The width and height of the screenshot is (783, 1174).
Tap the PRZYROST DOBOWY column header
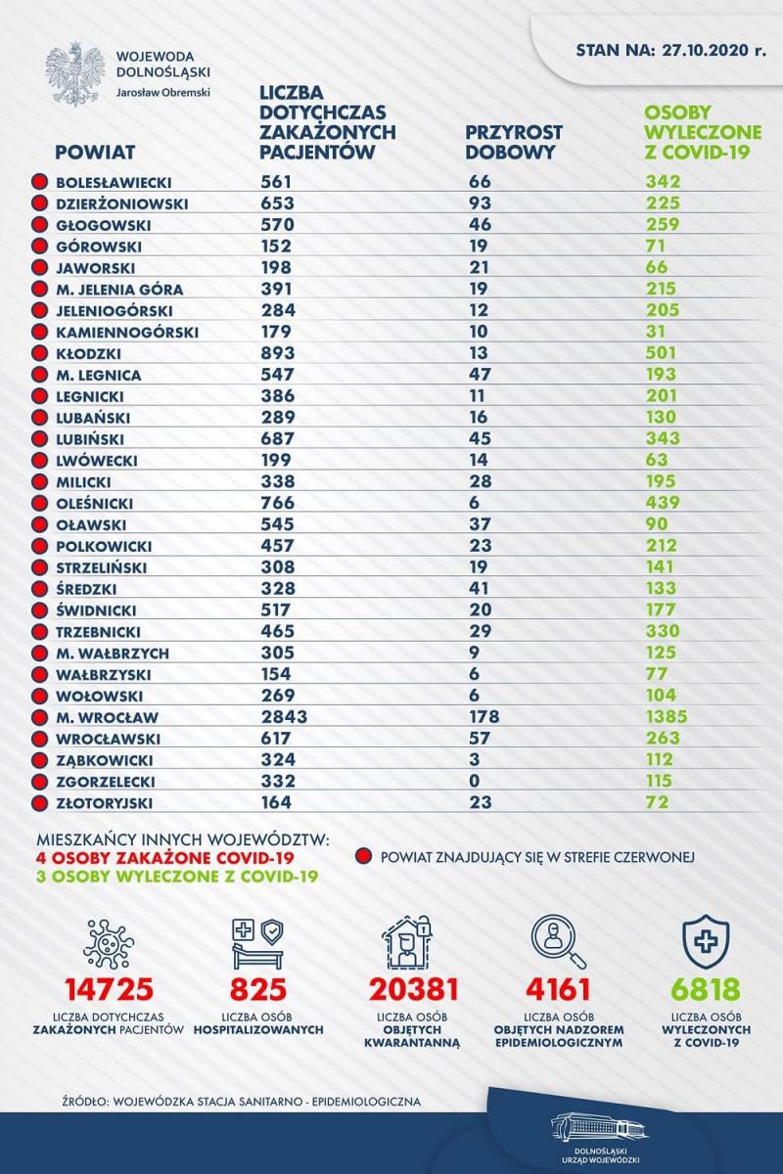pyautogui.click(x=514, y=142)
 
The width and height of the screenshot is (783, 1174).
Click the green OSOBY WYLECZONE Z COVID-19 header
pyautogui.click(x=702, y=132)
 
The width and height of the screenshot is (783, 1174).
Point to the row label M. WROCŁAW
pyautogui.click(x=107, y=717)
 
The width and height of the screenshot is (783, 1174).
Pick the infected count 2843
pyautogui.click(x=284, y=716)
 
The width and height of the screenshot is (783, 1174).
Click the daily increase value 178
pyautogui.click(x=484, y=716)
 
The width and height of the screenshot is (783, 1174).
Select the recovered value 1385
pyautogui.click(x=667, y=716)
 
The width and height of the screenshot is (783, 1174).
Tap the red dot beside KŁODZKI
pyautogui.click(x=39, y=354)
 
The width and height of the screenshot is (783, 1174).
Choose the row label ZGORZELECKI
pyautogui.click(x=106, y=782)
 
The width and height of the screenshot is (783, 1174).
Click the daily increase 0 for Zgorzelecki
pyautogui.click(x=475, y=781)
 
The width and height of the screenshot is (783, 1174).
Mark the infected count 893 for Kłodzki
pyautogui.click(x=278, y=353)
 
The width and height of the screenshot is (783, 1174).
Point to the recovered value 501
pyautogui.click(x=661, y=353)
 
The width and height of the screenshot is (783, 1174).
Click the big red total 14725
pyautogui.click(x=109, y=989)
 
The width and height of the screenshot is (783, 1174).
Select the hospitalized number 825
pyautogui.click(x=258, y=989)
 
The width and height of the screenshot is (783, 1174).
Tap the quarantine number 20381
pyautogui.click(x=413, y=989)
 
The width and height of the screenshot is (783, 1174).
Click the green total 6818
pyautogui.click(x=706, y=989)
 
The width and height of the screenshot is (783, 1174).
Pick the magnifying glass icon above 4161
pyautogui.click(x=558, y=943)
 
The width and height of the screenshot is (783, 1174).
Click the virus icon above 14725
pyautogui.click(x=109, y=943)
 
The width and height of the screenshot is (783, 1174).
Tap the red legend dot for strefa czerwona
pyautogui.click(x=363, y=857)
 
